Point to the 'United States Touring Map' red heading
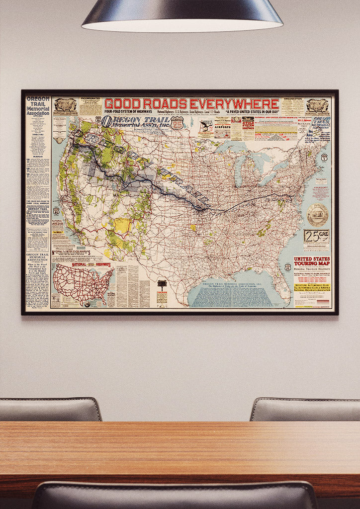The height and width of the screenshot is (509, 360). tap(312, 262)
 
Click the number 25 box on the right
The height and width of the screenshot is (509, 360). tap(316, 236)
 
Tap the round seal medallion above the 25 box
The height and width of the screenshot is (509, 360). tap(317, 214)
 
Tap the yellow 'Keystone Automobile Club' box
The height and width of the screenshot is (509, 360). tap(312, 290)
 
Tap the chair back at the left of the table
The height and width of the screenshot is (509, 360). tap(50, 410)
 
